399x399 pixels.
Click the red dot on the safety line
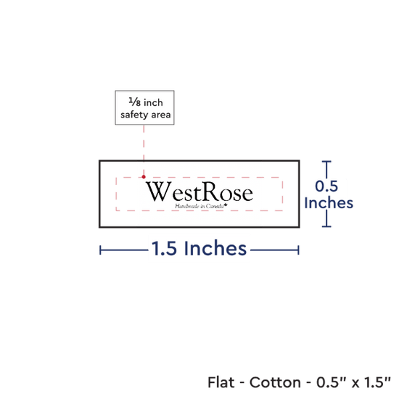144,177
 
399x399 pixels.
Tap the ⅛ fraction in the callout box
135,102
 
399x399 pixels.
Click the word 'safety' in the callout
135,115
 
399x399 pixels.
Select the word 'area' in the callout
161,115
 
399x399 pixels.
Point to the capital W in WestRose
158,192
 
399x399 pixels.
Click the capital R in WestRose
213,192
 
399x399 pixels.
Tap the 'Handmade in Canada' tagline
201,206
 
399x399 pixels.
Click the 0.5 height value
326,186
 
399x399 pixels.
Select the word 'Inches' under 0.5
329,203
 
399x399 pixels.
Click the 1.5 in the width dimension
164,248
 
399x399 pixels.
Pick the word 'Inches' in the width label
215,248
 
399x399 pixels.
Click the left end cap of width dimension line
100,250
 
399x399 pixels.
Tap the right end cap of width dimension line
298,250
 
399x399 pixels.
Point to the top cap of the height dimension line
326,162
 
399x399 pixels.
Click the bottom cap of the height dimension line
326,226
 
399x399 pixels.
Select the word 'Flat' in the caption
221,382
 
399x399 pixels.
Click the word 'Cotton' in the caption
275,382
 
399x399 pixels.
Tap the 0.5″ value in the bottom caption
332,382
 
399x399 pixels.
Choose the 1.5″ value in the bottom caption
377,382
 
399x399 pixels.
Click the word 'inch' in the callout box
154,102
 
